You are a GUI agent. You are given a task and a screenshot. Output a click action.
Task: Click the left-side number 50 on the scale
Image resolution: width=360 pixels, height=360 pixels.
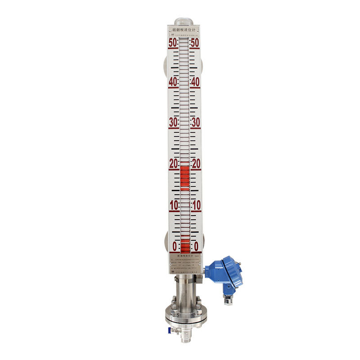(173, 43)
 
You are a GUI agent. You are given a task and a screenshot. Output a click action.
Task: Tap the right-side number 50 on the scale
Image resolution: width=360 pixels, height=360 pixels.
(195, 43)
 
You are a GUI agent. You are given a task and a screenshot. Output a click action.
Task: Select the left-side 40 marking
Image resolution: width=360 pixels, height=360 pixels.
(173, 82)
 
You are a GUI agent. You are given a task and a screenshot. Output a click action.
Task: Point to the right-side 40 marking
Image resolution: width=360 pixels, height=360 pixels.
(195, 82)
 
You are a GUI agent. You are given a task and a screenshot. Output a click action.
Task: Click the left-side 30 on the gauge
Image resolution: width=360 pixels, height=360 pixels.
(173, 122)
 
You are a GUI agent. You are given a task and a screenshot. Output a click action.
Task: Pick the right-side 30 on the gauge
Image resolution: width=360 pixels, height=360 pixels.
(195, 122)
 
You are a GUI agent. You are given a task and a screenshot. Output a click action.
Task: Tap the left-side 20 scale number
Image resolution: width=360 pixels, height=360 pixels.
(173, 164)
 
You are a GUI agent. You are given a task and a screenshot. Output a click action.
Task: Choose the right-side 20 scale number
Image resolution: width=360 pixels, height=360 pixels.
(196, 164)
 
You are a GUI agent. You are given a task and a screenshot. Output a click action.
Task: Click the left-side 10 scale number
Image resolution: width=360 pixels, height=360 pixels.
(173, 205)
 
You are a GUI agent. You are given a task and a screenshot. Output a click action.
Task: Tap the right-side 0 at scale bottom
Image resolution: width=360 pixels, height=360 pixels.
(196, 246)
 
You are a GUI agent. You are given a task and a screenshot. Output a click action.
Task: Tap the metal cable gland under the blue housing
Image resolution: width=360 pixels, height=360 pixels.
(229, 298)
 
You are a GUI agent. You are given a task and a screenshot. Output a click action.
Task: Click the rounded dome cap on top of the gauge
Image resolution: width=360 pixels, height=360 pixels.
(184, 21)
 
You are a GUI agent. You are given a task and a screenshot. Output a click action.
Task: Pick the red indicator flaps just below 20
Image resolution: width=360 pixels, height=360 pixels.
(185, 175)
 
